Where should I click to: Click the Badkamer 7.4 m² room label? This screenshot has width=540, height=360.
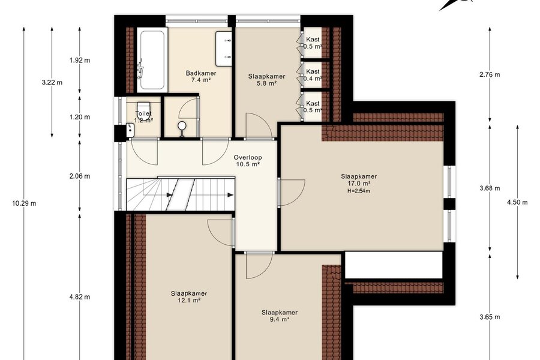point(201,76)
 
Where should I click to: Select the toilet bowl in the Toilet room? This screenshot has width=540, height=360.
point(143,111)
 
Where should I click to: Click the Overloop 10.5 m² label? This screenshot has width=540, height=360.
point(248,161)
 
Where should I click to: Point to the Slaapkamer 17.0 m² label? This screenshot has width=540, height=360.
point(359,180)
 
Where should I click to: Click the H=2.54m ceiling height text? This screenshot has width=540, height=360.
point(359,191)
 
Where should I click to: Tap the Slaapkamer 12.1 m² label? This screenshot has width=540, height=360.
point(189,297)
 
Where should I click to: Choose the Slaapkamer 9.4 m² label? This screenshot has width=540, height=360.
point(279,316)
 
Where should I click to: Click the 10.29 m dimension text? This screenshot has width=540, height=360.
point(24,203)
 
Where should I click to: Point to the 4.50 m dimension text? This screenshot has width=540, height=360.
point(517,202)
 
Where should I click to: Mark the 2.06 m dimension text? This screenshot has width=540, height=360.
point(80,176)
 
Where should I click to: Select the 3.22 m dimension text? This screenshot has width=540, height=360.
point(52,82)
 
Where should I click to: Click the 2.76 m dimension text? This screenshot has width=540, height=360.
point(490,74)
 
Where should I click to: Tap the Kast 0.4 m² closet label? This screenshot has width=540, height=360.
point(313,75)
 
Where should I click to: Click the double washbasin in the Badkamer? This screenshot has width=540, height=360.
point(224,49)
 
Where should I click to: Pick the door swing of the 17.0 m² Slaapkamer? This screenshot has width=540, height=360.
point(292,193)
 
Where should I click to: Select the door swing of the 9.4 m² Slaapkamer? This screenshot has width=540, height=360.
point(260,265)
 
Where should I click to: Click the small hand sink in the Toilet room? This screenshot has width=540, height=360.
point(130,130)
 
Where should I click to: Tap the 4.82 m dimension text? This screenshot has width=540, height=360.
point(80,296)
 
